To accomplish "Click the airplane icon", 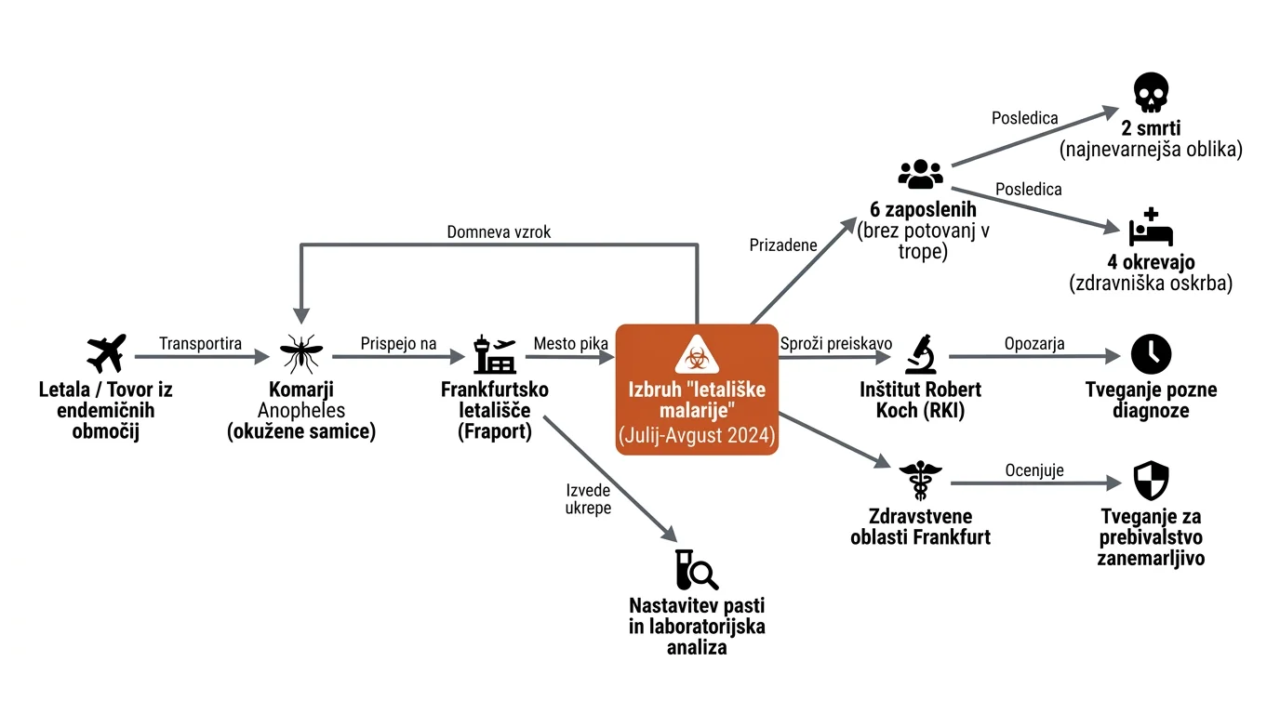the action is (x=106, y=353).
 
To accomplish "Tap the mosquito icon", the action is (x=301, y=354).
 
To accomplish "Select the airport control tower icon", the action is (x=495, y=354).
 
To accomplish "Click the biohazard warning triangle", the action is (x=697, y=355).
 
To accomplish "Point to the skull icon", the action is (x=1151, y=92).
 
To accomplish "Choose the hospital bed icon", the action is (x=1151, y=227).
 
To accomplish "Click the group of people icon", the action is (x=921, y=174).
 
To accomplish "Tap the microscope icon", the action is (x=921, y=354).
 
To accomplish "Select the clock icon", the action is (x=1151, y=354).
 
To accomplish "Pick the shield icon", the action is (x=1151, y=481).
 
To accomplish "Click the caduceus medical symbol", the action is (x=921, y=481).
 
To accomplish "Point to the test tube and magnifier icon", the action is (x=697, y=570).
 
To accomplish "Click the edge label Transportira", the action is (x=201, y=343).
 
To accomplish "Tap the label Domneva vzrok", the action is (x=499, y=231).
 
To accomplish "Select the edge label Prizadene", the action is (x=783, y=245).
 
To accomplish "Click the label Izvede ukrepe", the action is (x=588, y=498).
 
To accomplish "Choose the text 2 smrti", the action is (x=1151, y=128).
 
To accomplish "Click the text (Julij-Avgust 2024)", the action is (x=697, y=435).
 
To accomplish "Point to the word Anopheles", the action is (x=301, y=410).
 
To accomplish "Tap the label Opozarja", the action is (x=1034, y=343).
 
